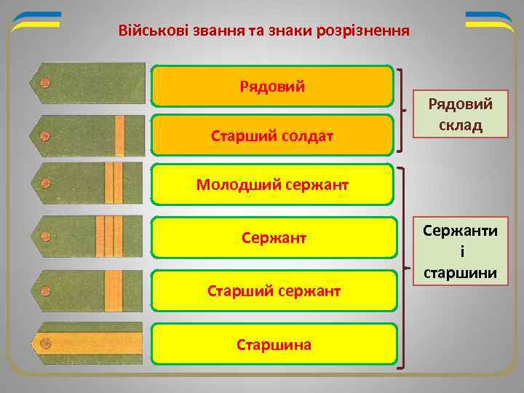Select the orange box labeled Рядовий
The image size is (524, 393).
tap(272, 87)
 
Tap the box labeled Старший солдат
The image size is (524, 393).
tap(272, 135)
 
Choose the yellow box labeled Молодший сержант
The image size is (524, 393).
tap(272, 184)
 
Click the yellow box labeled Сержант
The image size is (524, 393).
tap(272, 237)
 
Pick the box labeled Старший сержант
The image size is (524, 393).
tap(272, 291)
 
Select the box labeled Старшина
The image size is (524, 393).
tap(272, 344)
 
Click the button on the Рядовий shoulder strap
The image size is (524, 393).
tap(45, 84)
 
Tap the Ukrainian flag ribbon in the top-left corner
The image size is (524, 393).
tap(36, 22)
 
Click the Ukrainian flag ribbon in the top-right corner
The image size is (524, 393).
tap(489, 22)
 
